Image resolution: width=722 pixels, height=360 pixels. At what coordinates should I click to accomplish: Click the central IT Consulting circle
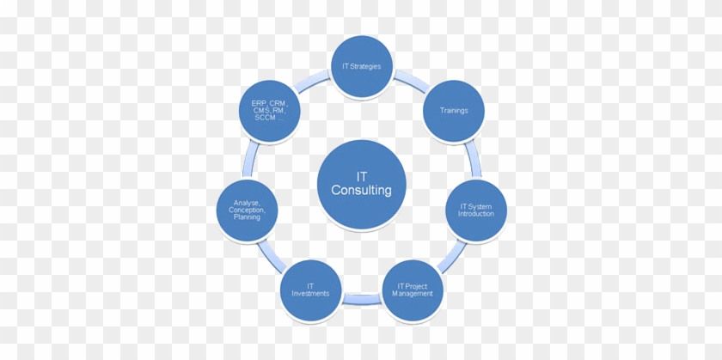[x=361, y=184]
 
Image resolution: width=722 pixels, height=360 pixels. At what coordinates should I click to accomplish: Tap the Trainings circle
[x=453, y=110]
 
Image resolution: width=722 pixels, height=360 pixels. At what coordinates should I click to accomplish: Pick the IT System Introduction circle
[x=475, y=210]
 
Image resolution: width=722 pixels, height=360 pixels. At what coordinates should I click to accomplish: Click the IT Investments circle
[x=310, y=290]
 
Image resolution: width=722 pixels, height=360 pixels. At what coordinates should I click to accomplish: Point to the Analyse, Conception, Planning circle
[x=247, y=210]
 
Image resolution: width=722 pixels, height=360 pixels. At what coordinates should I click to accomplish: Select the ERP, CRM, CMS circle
[x=269, y=110]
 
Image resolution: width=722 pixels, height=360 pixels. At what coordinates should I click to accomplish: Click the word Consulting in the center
[x=361, y=191]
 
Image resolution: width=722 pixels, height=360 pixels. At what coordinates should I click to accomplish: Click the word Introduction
[x=475, y=214]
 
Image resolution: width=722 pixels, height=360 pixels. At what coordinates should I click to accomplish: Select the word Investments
[x=310, y=294]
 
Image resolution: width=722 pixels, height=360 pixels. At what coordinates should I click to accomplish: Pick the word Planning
[x=247, y=218]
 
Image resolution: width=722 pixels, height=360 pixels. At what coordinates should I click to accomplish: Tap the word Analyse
[x=247, y=202]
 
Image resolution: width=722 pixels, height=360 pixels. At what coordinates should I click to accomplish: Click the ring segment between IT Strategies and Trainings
[x=410, y=82]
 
